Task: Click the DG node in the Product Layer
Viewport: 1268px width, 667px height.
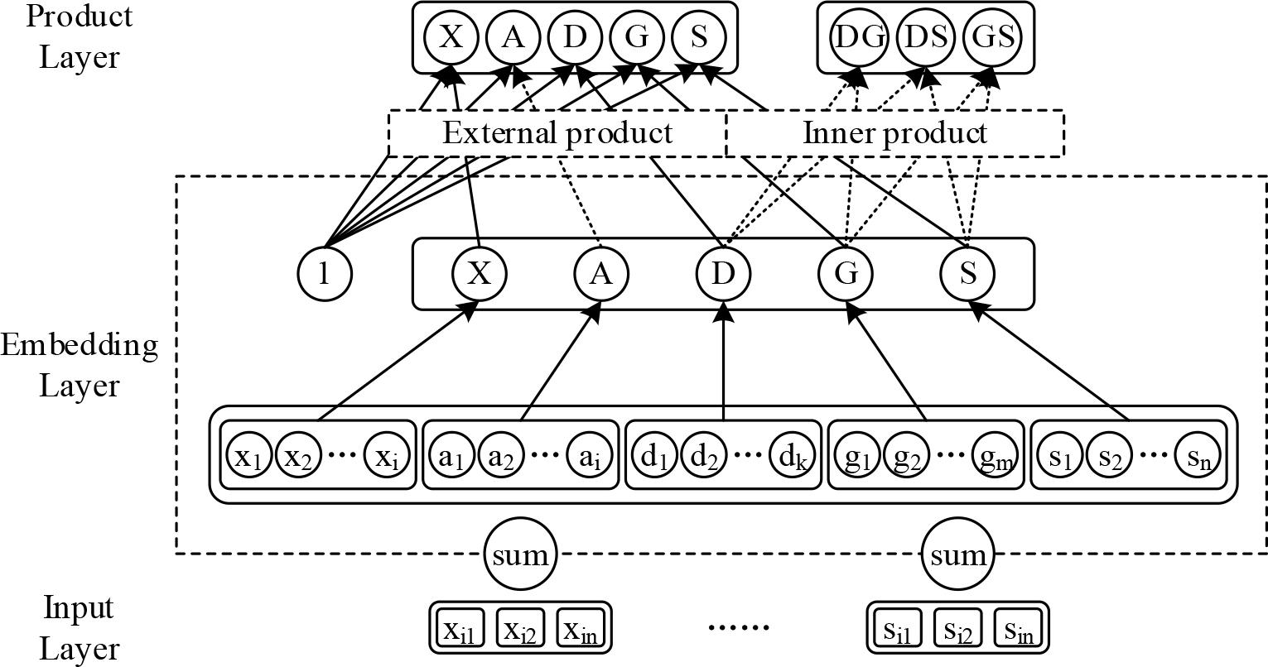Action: tap(859, 37)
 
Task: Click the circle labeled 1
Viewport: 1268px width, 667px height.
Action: tap(325, 273)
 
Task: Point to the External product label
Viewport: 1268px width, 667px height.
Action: tap(557, 132)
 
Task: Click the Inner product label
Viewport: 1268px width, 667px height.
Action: tap(894, 132)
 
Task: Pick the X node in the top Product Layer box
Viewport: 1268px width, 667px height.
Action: tap(451, 37)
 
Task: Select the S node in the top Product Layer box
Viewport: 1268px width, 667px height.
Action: tap(698, 37)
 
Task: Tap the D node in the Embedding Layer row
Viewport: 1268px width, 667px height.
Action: tap(724, 273)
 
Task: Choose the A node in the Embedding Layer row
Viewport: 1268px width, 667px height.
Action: tap(601, 273)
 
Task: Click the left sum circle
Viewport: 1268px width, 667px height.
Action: tap(520, 554)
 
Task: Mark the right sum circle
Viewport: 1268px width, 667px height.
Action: tap(957, 554)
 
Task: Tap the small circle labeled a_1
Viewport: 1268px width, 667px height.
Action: tap(450, 457)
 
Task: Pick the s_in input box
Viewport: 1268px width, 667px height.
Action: tap(1019, 631)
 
